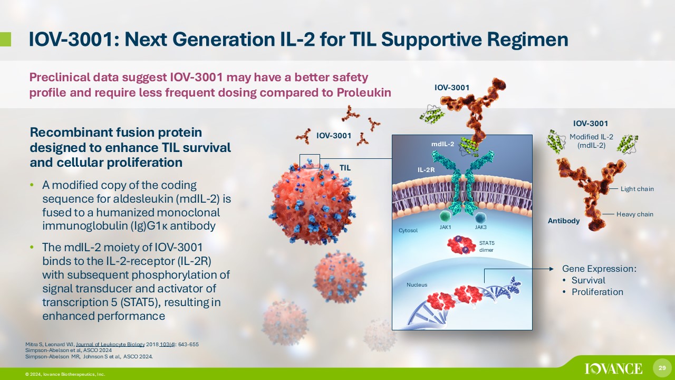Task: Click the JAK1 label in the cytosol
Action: tap(445, 227)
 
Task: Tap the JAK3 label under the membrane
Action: tap(480, 227)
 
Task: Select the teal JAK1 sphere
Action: tap(445, 216)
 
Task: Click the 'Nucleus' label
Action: tap(417, 284)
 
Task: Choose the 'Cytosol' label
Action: tap(408, 231)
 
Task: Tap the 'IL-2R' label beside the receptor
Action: tap(426, 170)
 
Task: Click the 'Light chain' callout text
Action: tap(637, 189)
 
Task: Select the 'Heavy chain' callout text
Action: tap(634, 214)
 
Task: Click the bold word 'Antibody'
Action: tap(564, 221)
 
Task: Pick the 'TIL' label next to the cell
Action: tap(345, 168)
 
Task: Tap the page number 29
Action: tap(662, 368)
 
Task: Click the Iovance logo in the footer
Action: tap(613, 368)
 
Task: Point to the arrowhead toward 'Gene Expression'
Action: tap(552, 269)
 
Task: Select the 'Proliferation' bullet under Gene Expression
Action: tap(597, 292)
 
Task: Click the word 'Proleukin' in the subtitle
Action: tap(364, 92)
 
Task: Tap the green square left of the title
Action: tap(5, 40)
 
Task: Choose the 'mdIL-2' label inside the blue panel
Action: tap(442, 144)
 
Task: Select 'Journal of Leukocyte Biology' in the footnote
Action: tap(110, 345)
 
